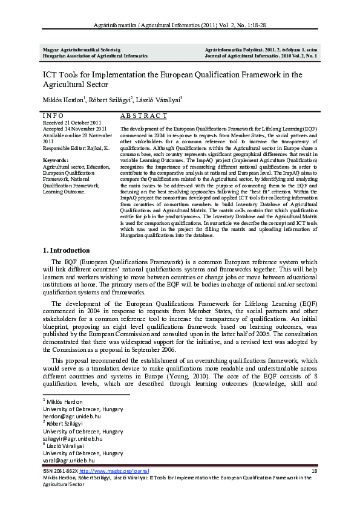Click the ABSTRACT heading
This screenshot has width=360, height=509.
(143, 115)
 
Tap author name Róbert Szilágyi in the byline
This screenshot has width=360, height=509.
(110, 100)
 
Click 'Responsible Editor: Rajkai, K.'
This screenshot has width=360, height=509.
(76, 147)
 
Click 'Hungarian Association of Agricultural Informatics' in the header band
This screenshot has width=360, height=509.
(95, 55)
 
